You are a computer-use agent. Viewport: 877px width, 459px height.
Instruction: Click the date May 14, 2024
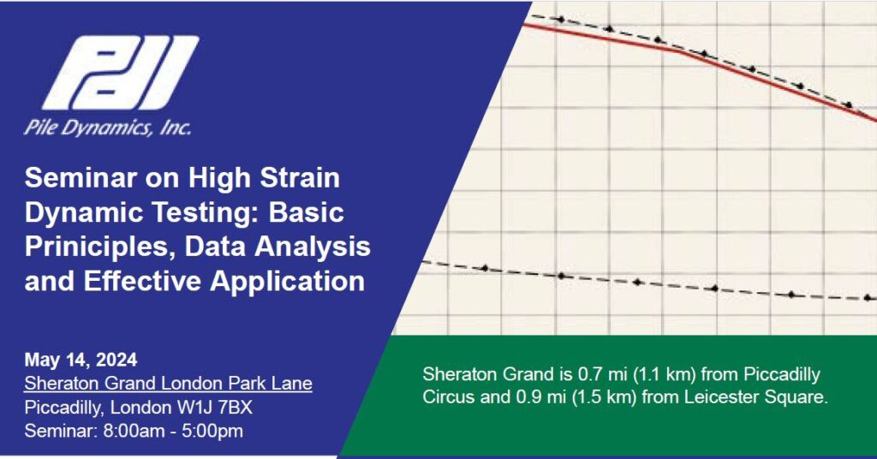(x=81, y=360)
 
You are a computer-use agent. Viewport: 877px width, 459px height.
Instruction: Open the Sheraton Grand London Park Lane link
(x=168, y=383)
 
